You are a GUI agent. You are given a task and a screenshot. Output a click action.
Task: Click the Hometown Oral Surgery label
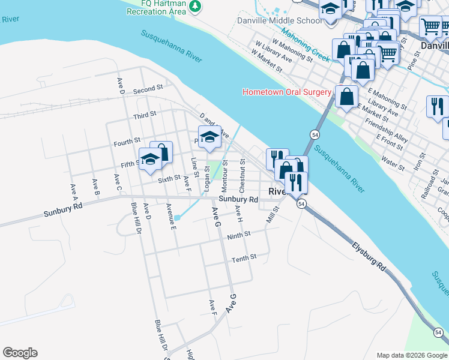click(x=286, y=92)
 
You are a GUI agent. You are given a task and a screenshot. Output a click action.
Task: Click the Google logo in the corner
click(x=20, y=353)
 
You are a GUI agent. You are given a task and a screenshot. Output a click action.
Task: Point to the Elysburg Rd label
click(x=369, y=254)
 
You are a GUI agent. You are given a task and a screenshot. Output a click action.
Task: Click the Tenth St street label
click(x=244, y=257)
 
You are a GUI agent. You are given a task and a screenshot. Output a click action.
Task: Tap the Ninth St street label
click(x=238, y=236)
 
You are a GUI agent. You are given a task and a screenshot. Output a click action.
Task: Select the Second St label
click(x=148, y=89)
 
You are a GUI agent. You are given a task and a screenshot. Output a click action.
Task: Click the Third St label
click(x=145, y=114)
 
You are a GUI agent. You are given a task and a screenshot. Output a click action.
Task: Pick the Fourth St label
click(x=127, y=143)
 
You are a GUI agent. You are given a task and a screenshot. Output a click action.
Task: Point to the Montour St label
click(x=224, y=172)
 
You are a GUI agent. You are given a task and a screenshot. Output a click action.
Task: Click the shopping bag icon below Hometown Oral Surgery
click(x=347, y=96)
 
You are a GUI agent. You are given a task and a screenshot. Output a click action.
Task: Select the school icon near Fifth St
click(x=150, y=160)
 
